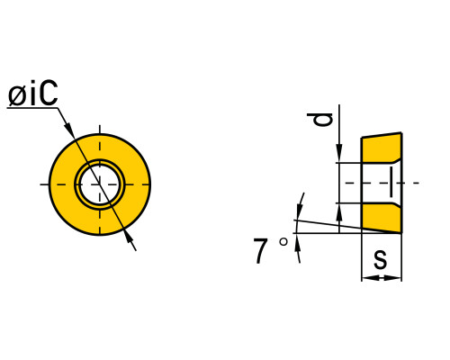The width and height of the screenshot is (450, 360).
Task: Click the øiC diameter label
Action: point(32,94)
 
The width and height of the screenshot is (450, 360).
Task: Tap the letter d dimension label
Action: point(320,120)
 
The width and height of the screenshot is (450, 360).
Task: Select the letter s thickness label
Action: point(381,259)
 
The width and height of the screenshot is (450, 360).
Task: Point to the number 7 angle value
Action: point(260,251)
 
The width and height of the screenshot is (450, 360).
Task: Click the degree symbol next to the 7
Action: point(283,242)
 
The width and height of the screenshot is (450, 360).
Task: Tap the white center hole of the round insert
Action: point(100,184)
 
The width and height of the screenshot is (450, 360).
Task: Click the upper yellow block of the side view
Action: point(382,148)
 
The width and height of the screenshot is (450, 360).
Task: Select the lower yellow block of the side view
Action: point(382,218)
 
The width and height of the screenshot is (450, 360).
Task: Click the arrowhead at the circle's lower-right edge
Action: point(129,237)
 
